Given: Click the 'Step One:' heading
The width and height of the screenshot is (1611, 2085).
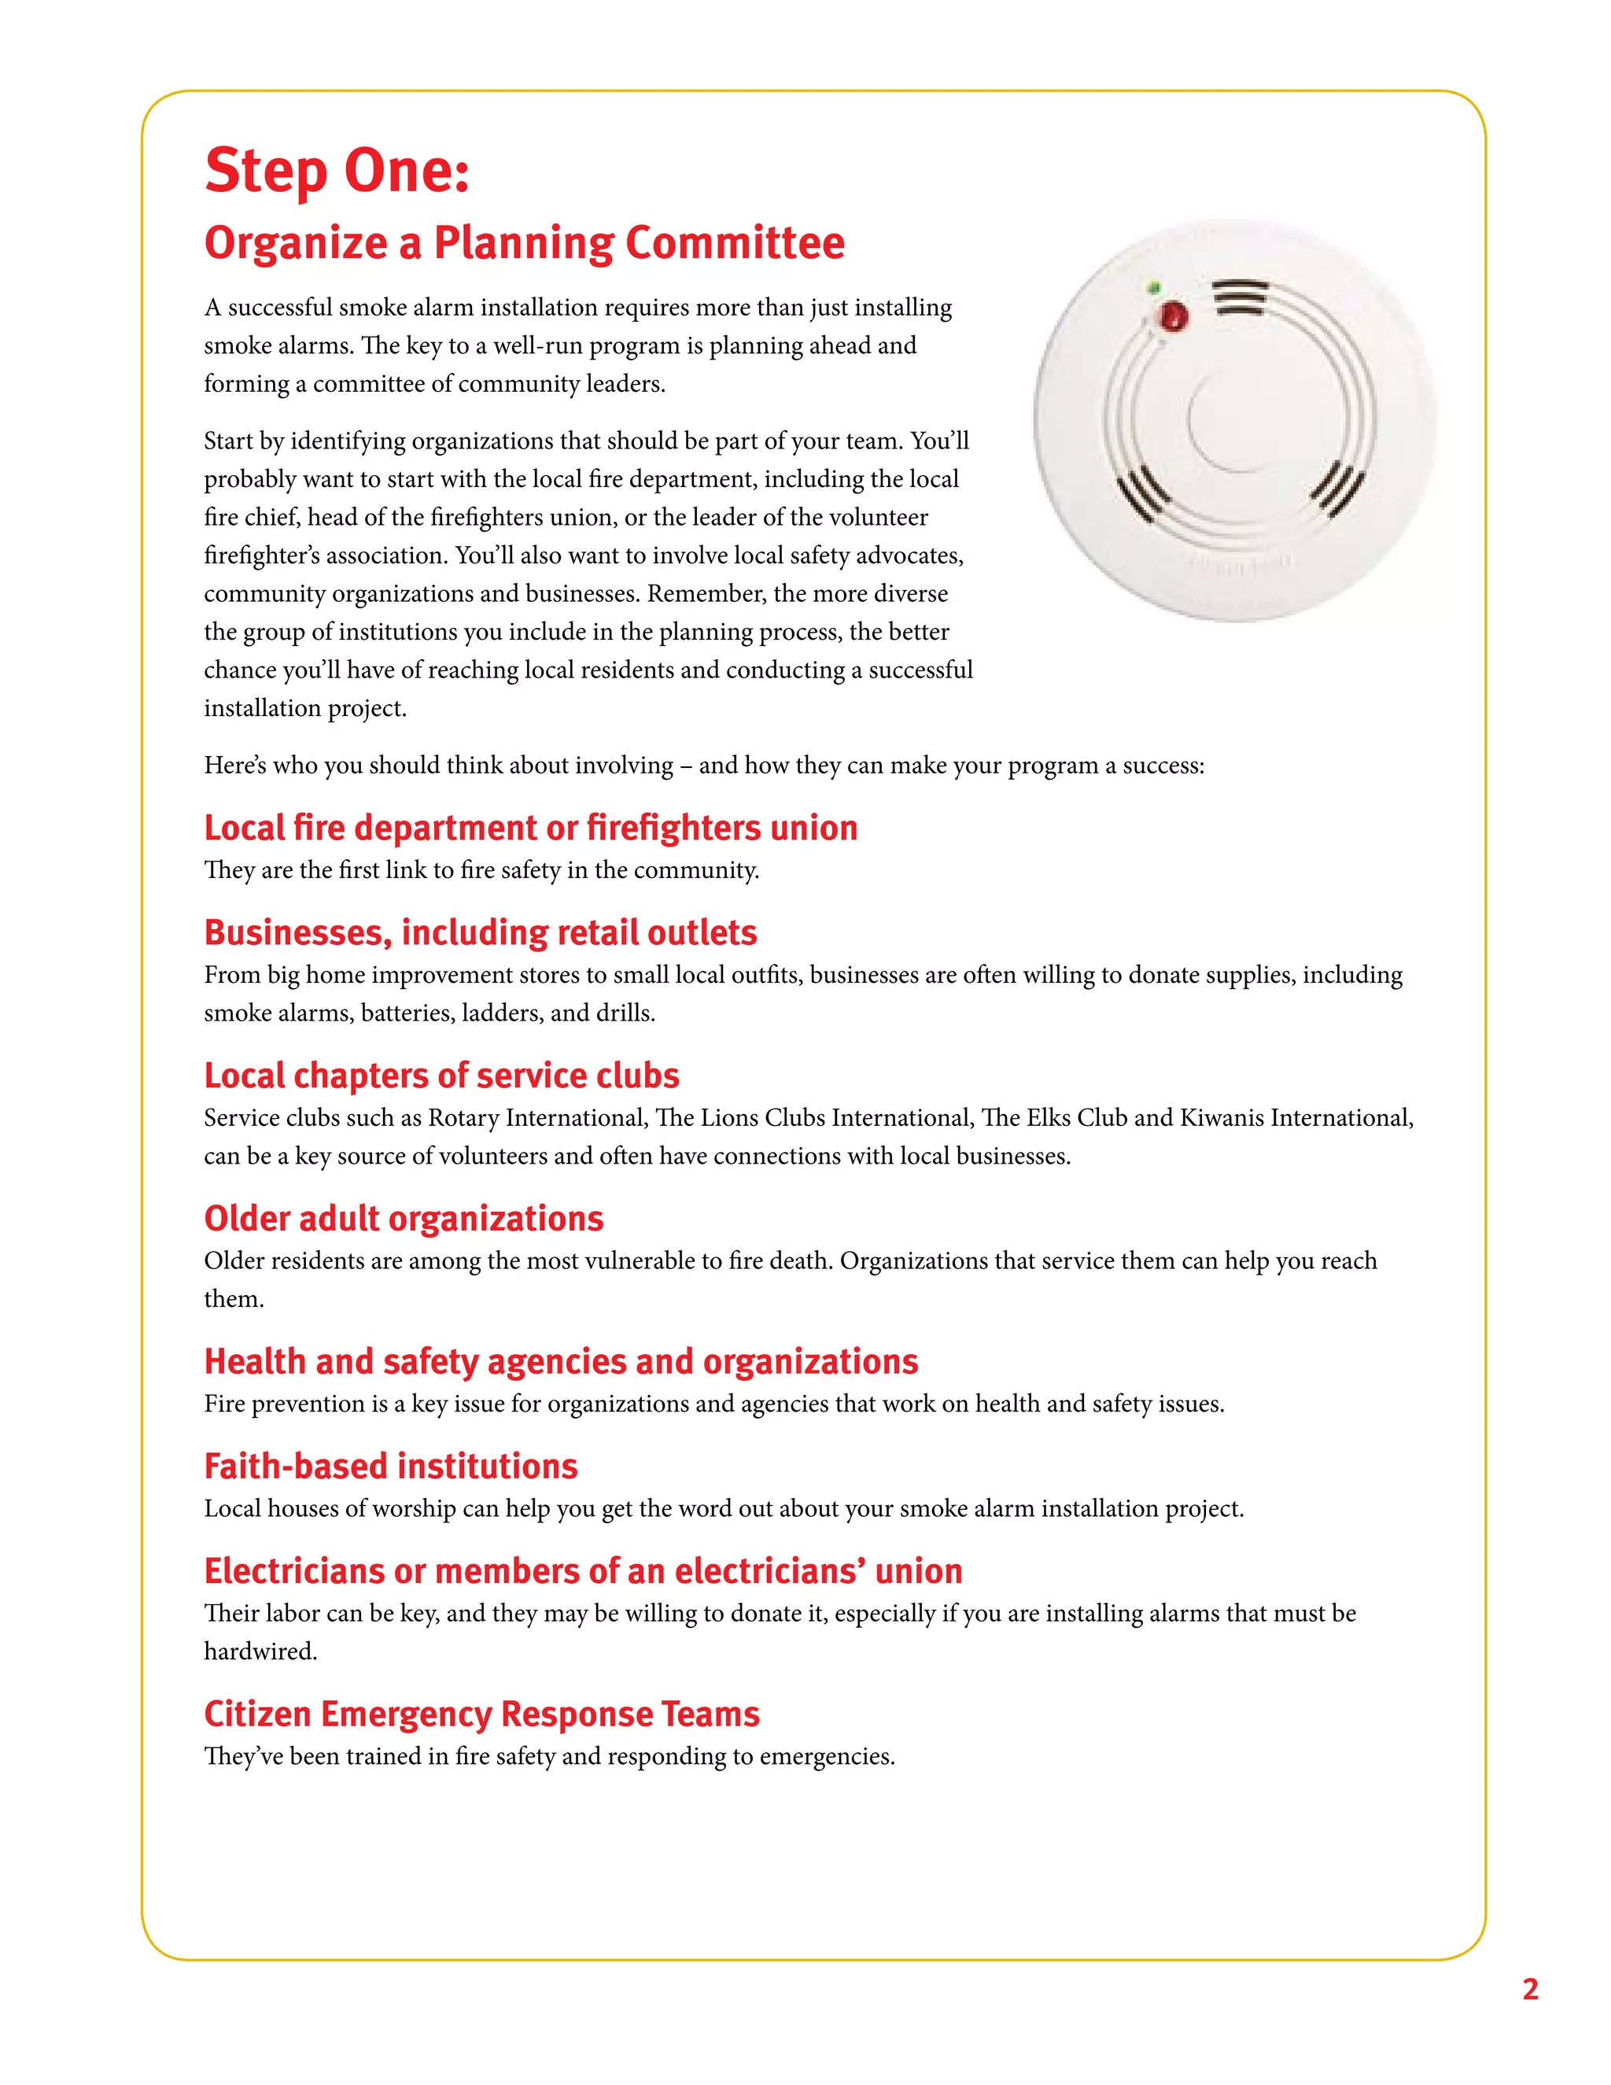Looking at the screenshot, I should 336,171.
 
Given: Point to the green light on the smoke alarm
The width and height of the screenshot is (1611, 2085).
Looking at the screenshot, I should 1154,287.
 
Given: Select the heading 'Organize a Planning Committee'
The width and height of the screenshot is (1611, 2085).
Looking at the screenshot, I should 524,242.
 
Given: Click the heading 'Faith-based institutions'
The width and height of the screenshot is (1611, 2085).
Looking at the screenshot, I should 390,1467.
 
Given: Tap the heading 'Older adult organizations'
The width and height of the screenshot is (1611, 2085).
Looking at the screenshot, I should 404,1219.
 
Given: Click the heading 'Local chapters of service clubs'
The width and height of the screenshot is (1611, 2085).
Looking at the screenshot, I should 441,1076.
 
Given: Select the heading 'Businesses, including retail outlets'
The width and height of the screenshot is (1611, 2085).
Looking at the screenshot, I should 480,932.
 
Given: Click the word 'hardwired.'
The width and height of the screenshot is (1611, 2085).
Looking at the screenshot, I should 260,1651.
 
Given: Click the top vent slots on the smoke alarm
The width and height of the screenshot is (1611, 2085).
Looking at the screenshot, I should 1241,297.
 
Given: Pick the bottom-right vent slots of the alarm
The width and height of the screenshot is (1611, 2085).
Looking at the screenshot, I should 1337,489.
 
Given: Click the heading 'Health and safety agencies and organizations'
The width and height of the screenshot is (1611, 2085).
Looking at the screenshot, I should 560,1362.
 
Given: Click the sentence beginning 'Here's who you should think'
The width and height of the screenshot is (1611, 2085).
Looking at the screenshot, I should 703,766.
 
